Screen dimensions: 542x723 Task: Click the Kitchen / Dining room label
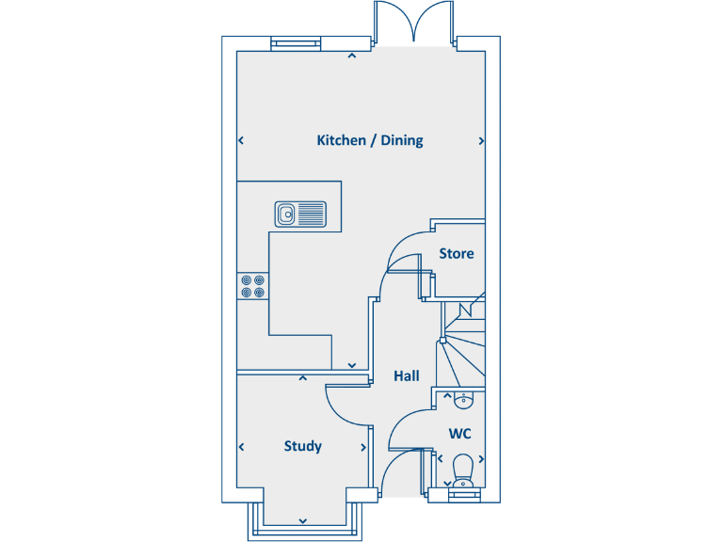[369, 140]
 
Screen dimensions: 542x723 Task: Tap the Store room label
[456, 253]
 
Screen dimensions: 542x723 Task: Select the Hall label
[407, 375]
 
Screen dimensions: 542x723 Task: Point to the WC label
[459, 434]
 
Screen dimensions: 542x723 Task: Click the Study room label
[302, 446]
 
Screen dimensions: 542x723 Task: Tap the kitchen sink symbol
[300, 215]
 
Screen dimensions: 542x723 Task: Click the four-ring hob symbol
[251, 285]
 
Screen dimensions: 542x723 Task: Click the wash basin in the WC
[462, 402]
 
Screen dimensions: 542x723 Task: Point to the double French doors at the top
[414, 24]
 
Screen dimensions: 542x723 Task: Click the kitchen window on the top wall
[295, 43]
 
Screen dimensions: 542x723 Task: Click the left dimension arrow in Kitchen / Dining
[241, 141]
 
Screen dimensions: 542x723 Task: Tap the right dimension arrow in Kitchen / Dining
[481, 141]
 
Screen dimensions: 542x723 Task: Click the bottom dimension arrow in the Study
[303, 519]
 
